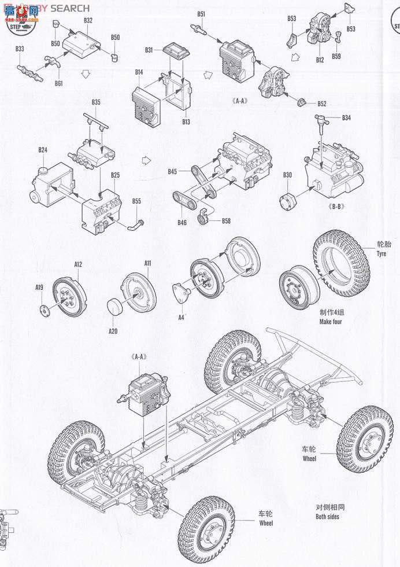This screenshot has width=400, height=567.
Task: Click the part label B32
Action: click(x=88, y=20)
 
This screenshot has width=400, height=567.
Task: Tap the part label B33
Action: click(x=20, y=49)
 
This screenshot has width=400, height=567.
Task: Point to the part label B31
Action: click(x=149, y=50)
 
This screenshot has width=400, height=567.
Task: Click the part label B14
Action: click(x=139, y=72)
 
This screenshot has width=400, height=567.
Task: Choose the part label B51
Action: click(x=201, y=13)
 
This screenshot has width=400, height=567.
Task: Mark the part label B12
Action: click(x=320, y=60)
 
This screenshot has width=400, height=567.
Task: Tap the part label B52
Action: click(x=321, y=104)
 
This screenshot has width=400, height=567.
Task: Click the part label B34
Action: click(x=346, y=118)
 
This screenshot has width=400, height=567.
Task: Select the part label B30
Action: click(x=287, y=175)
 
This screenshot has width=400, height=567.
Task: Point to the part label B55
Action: click(x=136, y=201)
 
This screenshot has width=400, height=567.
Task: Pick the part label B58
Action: click(x=225, y=221)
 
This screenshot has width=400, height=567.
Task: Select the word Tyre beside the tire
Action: click(x=381, y=254)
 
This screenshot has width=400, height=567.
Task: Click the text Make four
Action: click(x=330, y=321)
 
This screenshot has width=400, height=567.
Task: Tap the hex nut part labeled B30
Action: click(x=287, y=203)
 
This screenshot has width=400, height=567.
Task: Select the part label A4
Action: click(x=181, y=317)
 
